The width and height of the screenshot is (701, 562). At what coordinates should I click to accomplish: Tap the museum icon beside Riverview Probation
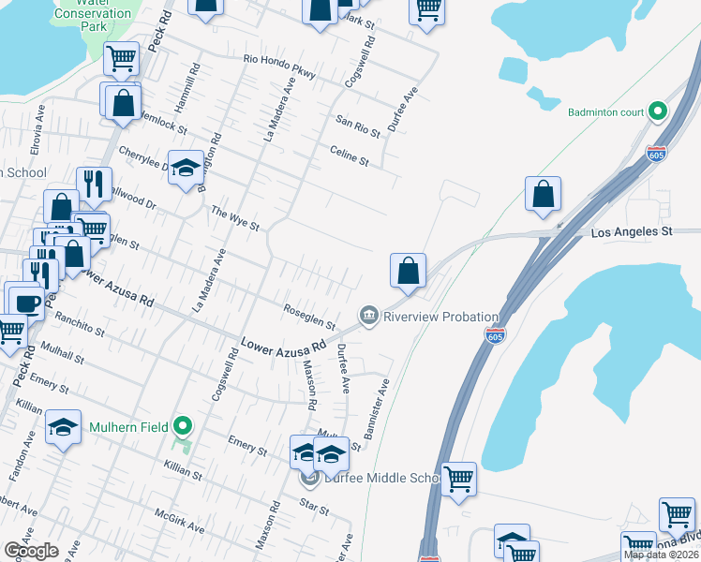pyautogui.click(x=369, y=316)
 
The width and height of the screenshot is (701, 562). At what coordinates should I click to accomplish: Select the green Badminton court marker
pyautogui.click(x=658, y=112)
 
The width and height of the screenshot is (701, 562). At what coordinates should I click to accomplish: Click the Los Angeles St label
pyautogui.click(x=633, y=230)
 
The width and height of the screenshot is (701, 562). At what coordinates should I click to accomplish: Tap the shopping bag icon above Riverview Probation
pyautogui.click(x=408, y=272)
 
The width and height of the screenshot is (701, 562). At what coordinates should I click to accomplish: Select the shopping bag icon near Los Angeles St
pyautogui.click(x=543, y=195)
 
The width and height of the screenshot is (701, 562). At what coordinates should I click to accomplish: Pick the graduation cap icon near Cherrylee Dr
pyautogui.click(x=186, y=169)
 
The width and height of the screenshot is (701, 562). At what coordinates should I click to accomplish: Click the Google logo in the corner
pyautogui.click(x=31, y=550)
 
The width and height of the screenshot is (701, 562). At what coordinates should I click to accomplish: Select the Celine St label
pyautogui.click(x=349, y=155)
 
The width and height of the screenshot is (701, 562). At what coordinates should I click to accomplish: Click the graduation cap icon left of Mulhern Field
pyautogui.click(x=63, y=429)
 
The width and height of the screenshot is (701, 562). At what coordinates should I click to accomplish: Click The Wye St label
pyautogui.click(x=234, y=218)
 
